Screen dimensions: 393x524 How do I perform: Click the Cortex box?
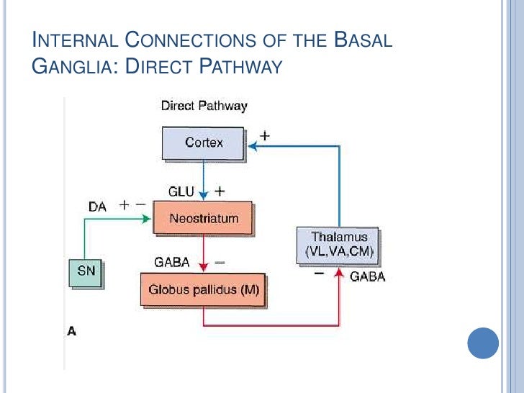[x=204, y=143]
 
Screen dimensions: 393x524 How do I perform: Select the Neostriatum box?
[x=203, y=217]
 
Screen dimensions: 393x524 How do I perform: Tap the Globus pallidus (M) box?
[x=203, y=290]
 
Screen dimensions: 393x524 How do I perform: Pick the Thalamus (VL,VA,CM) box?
[x=339, y=245]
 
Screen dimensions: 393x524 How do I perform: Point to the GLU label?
[x=181, y=192]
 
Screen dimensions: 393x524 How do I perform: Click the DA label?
[x=98, y=206]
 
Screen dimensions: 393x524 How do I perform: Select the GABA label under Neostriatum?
[x=172, y=263]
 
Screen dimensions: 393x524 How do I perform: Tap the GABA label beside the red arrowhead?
[x=367, y=276]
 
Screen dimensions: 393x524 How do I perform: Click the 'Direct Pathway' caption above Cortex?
[x=204, y=106]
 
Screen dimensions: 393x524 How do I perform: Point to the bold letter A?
[x=71, y=331]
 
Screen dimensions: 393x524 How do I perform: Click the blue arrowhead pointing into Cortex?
[x=253, y=146]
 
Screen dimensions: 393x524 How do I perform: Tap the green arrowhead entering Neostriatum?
[x=148, y=219]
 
